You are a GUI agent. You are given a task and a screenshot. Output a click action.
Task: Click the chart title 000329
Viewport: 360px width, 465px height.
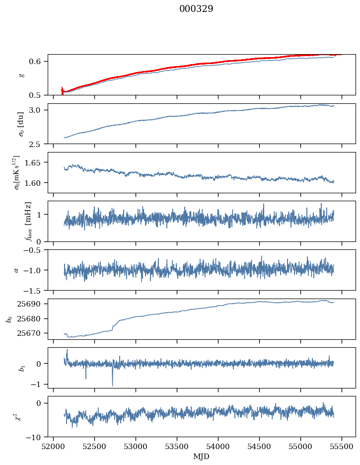point(196,9)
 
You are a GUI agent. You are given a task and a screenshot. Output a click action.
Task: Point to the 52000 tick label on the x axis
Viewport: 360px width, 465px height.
point(54,446)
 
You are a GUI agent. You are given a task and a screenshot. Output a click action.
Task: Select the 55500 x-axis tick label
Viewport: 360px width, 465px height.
point(342,446)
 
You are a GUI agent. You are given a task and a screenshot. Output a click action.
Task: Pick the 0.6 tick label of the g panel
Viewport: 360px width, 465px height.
point(40,61)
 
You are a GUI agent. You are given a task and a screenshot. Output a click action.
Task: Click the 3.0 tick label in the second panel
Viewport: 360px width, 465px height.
point(40,110)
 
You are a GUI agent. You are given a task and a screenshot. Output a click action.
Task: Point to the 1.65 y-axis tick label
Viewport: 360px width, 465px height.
point(37,162)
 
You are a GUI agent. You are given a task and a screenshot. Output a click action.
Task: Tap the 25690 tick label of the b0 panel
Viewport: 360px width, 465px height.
point(34,304)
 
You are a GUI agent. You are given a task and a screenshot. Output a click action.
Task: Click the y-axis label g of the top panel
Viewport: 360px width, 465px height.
point(20,75)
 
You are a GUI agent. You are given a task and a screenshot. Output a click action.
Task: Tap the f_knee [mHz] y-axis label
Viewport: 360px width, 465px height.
point(28,221)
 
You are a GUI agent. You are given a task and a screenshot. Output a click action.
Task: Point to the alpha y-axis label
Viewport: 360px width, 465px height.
point(16,270)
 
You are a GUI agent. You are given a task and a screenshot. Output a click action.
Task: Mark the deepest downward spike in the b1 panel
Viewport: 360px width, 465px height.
point(112,385)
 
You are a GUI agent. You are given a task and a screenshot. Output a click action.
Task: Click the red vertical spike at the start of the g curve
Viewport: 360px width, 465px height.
point(62,91)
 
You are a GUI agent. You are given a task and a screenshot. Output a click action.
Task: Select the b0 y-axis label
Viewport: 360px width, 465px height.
point(8,319)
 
